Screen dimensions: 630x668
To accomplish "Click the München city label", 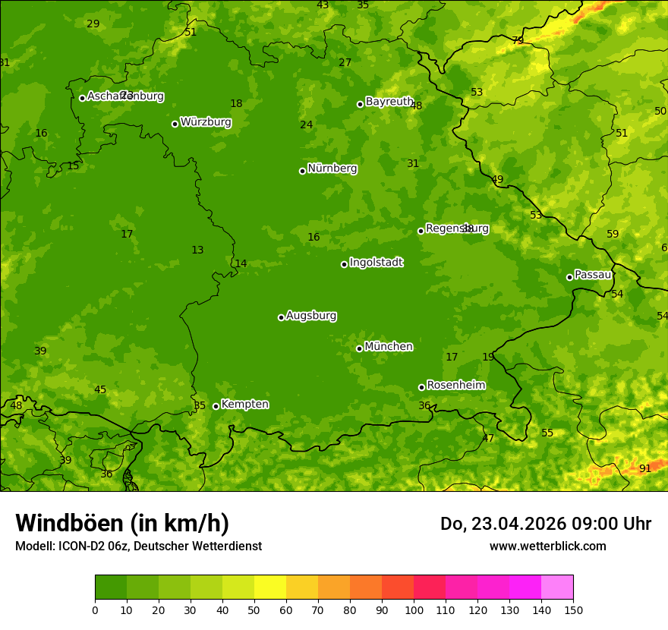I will pos(389,347).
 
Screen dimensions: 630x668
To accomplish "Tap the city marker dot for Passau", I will pos(569,277).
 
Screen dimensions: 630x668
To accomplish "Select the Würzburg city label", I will pos(206,122).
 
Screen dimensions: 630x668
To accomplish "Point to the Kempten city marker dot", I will pos(216,406).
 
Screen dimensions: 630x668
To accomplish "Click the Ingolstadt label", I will pos(376,263).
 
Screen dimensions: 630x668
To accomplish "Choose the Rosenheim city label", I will pos(455,386).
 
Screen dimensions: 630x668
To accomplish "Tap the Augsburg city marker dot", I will pos(281,317).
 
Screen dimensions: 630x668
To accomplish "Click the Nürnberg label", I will pos(332,169).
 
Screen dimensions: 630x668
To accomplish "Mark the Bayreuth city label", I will pos(389,102).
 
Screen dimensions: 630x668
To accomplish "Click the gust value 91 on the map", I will pos(645,469).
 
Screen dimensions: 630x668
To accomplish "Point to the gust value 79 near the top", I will pos(518,41).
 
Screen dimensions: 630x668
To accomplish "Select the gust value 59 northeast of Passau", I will pos(613,234).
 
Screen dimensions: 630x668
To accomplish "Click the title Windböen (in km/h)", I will pos(122,523).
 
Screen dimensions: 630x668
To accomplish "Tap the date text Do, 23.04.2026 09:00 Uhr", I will pos(546,524).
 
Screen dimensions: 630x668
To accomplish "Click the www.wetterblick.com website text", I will pos(547,546).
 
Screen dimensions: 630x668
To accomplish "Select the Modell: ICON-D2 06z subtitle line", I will pos(138,546).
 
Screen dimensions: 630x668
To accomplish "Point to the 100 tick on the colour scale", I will pos(414,610).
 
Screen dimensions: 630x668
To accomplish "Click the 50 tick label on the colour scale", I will pos(254,610).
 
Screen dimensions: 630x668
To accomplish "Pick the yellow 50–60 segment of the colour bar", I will pos(270,587).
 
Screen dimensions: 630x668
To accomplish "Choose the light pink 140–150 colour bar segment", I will pos(557,587).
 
